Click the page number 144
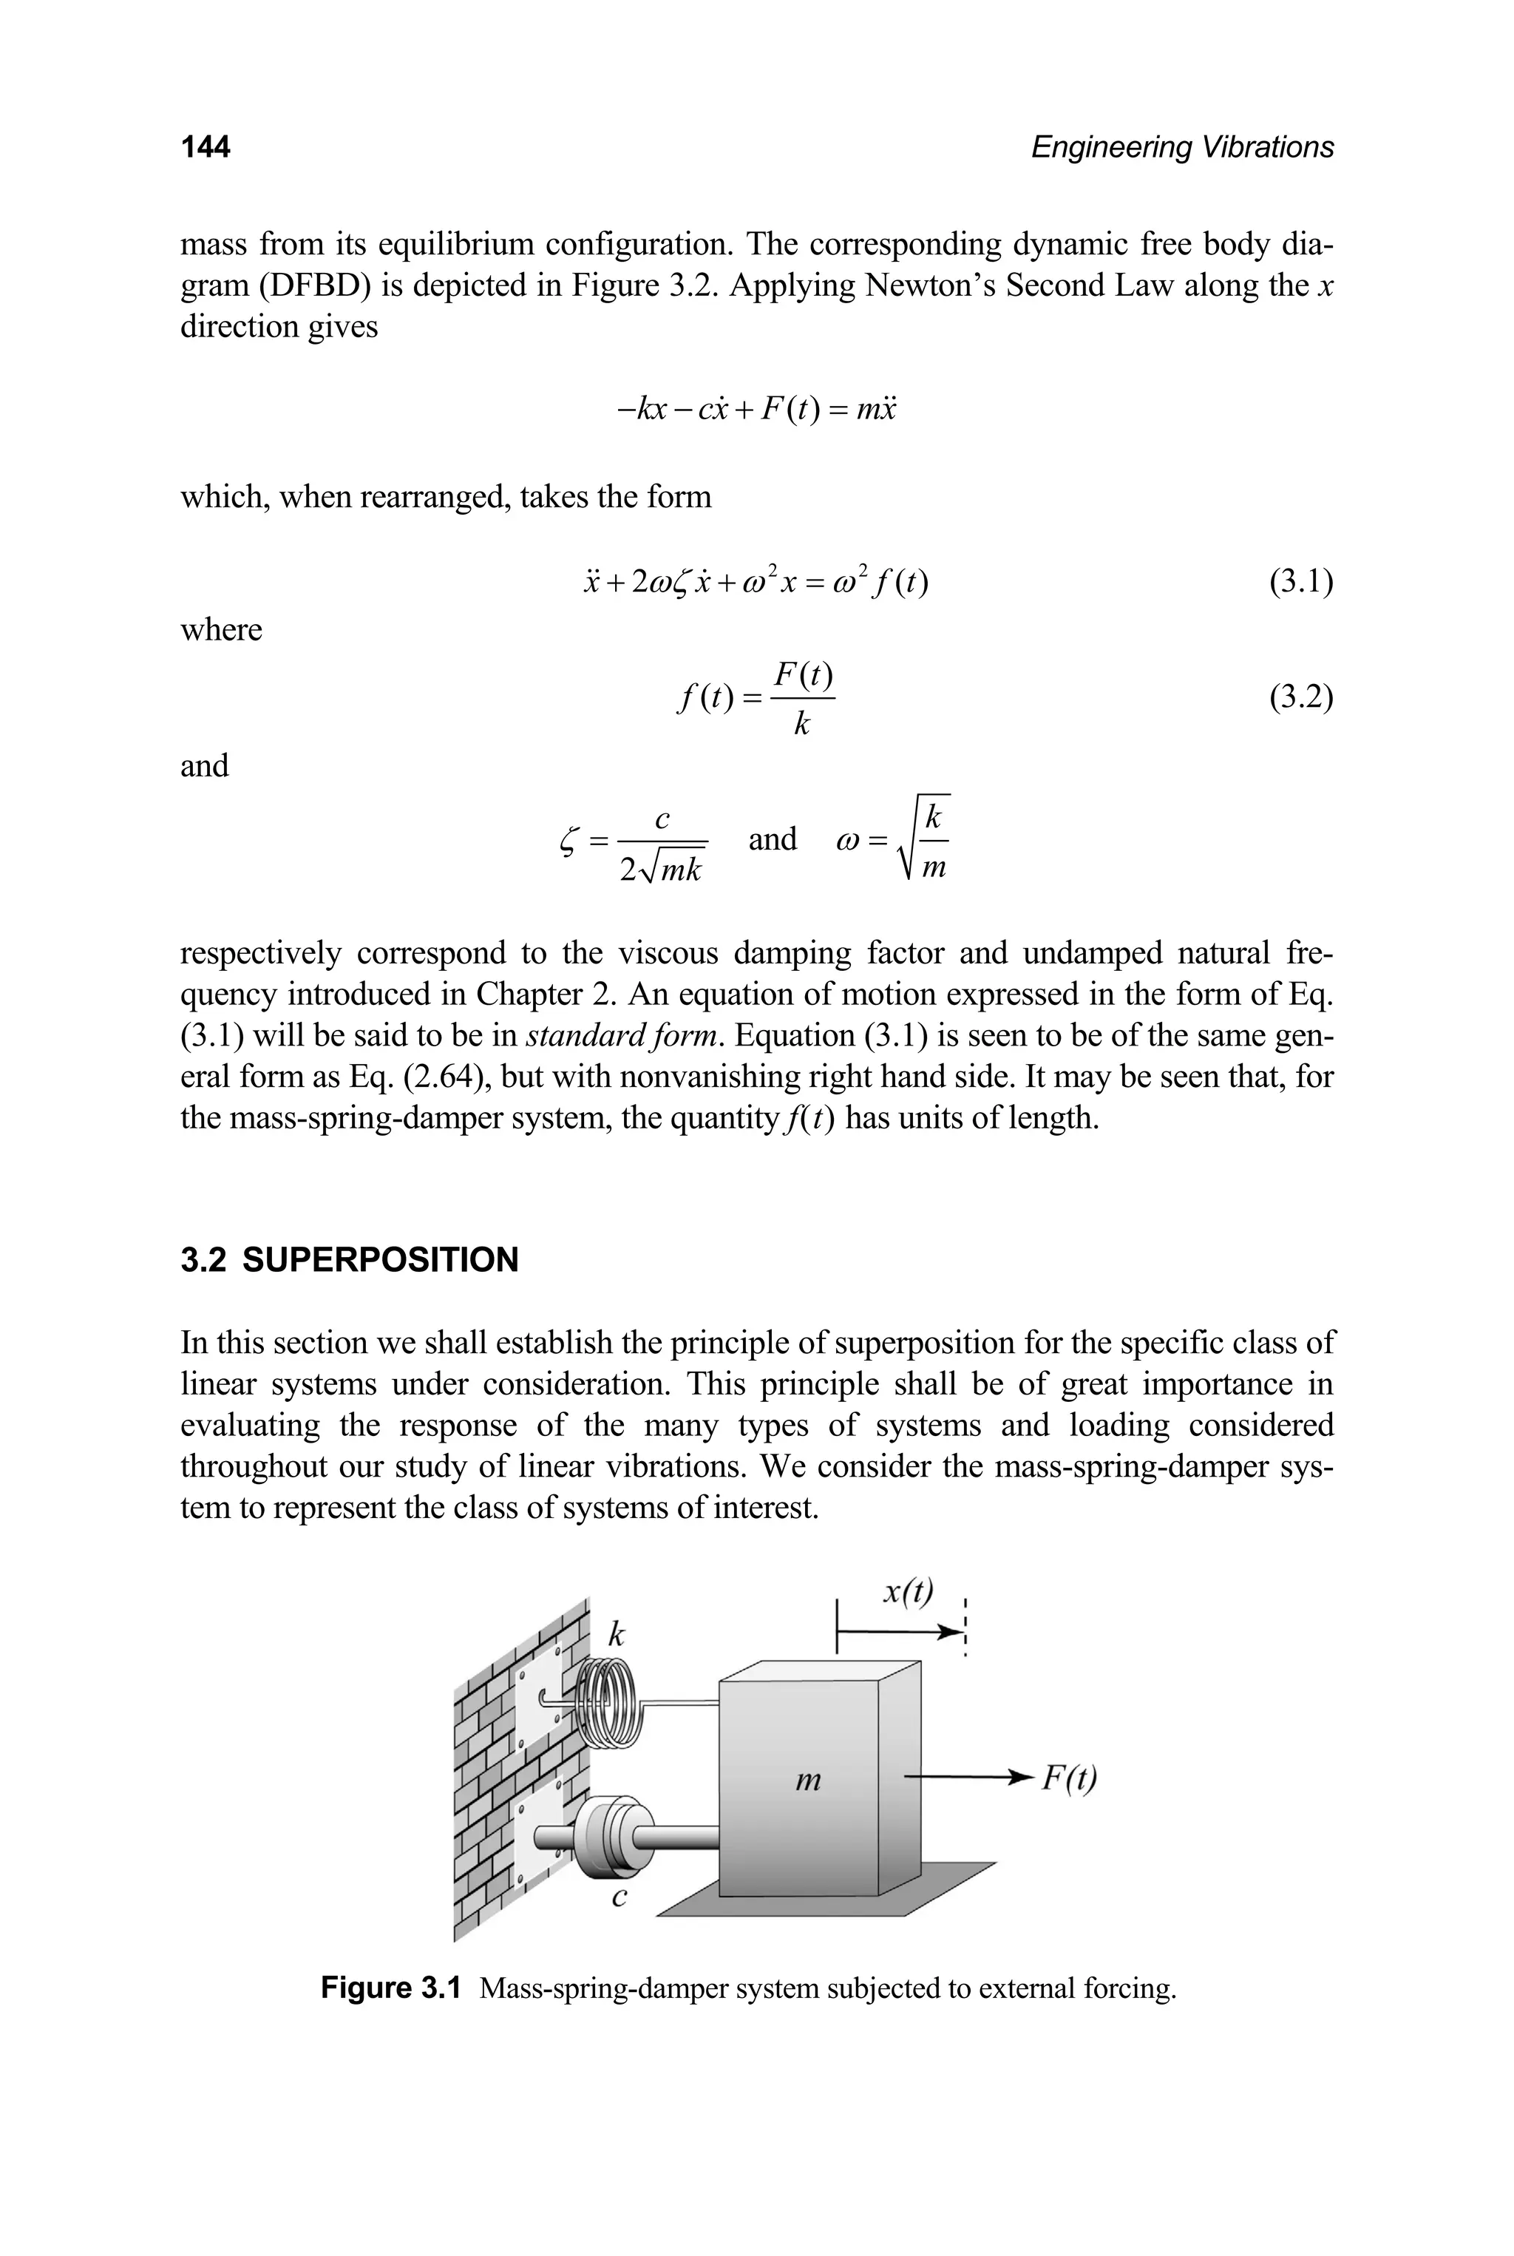click(205, 147)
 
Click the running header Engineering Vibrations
click(1182, 147)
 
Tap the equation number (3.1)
click(1300, 583)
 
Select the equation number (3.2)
click(1300, 697)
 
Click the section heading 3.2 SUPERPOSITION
click(350, 1260)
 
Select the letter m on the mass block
click(807, 1780)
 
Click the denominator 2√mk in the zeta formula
click(662, 869)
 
